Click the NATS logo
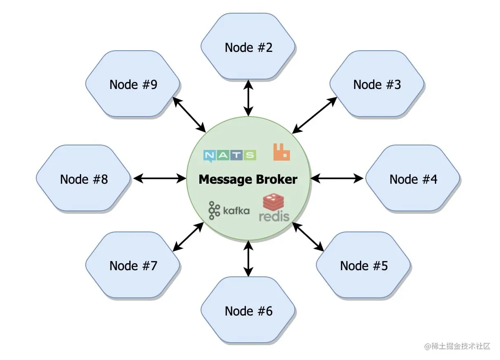tap(230, 155)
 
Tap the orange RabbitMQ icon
tap(281, 152)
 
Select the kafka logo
tap(229, 210)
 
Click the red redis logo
tap(274, 208)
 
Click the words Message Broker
tap(248, 179)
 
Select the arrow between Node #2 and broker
tap(248, 98)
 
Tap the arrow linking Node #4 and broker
tap(337, 178)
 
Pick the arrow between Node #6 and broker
tap(248, 258)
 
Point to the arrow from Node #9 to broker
tap(189, 115)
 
